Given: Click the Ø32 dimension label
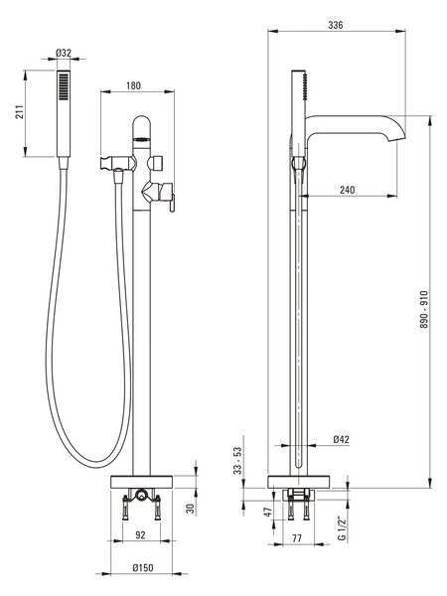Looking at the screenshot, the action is pyautogui.click(x=64, y=53).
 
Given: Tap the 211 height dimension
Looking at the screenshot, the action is pyautogui.click(x=20, y=111).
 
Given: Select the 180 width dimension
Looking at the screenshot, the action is pyautogui.click(x=133, y=85).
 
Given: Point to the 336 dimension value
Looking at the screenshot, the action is pyautogui.click(x=336, y=25).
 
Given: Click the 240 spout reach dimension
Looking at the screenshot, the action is pyautogui.click(x=347, y=190).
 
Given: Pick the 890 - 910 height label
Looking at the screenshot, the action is pyautogui.click(x=424, y=310).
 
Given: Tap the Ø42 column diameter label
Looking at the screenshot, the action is pyautogui.click(x=342, y=439).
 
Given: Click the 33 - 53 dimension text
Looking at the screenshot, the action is pyautogui.click(x=237, y=460).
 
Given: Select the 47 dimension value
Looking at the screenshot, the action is pyautogui.click(x=269, y=512).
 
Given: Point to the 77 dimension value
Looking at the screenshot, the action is pyautogui.click(x=297, y=538).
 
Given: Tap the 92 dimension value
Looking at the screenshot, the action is pyautogui.click(x=140, y=534).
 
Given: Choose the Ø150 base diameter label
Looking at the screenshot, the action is pyautogui.click(x=143, y=568).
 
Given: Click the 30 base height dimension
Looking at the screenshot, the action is pyautogui.click(x=191, y=509).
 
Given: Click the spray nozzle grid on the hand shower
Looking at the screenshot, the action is pyautogui.click(x=64, y=86).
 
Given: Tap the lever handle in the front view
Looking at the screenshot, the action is pyautogui.click(x=172, y=203).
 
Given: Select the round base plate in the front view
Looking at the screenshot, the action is pyautogui.click(x=141, y=482).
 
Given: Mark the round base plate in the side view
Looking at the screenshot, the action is pyautogui.click(x=298, y=482).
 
